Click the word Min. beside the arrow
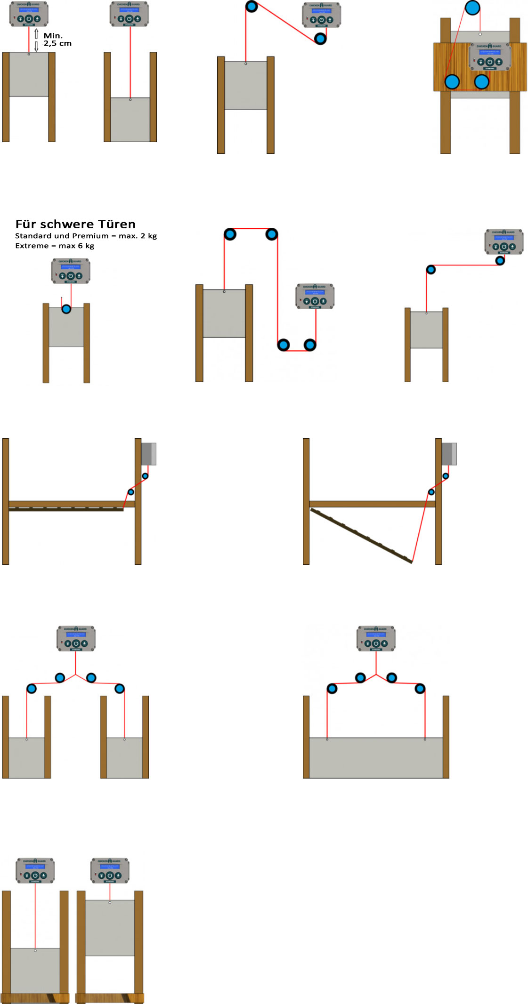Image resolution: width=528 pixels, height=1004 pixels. click(x=53, y=36)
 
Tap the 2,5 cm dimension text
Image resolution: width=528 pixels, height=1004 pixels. click(x=57, y=43)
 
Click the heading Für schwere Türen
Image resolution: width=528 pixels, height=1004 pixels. click(x=75, y=224)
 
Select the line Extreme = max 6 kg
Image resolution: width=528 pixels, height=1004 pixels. click(x=55, y=246)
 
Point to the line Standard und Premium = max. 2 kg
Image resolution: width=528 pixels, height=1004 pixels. click(x=86, y=236)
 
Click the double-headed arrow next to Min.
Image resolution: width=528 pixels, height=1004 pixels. click(x=36, y=40)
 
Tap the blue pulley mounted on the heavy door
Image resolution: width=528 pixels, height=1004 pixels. click(x=66, y=309)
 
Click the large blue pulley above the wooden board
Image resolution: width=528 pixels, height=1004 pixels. click(x=472, y=8)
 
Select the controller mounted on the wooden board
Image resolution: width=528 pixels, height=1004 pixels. click(x=489, y=57)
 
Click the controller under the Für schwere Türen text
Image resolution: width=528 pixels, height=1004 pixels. click(x=71, y=271)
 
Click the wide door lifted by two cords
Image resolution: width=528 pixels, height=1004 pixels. click(x=376, y=757)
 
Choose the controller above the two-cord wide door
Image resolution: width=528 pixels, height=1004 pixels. click(x=376, y=638)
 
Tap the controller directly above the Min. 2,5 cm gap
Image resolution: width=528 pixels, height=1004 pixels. click(x=29, y=14)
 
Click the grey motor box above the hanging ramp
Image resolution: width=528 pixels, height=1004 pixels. click(x=449, y=454)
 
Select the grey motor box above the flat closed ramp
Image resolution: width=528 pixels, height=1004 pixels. click(x=149, y=454)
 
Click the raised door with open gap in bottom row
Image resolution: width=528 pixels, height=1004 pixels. click(x=110, y=927)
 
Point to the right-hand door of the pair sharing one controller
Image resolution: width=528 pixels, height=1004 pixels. click(x=124, y=757)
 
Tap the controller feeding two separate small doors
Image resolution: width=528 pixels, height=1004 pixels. click(x=76, y=638)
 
